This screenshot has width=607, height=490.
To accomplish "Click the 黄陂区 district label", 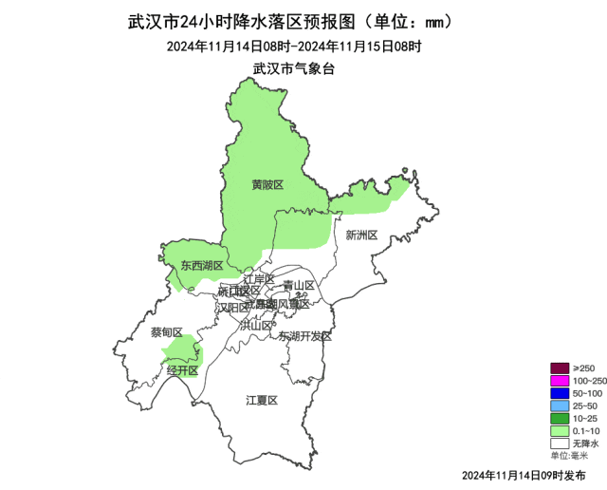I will tap(267, 184).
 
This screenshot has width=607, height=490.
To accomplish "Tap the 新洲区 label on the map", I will tap(361, 235).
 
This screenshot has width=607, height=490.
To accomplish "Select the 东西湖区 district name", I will tap(202, 266).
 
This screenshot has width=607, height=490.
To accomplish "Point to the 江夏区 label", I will tap(261, 400).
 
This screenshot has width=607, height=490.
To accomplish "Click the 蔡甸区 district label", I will tap(166, 332).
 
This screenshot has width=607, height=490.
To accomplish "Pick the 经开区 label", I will tap(182, 370).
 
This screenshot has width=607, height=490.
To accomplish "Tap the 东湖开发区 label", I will tap(305, 336).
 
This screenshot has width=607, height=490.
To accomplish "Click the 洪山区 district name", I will tap(255, 324).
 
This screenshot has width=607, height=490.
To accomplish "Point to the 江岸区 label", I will tap(258, 279).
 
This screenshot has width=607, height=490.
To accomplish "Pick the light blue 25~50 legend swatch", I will tap(559, 405).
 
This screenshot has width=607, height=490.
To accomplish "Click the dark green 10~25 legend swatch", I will tap(559, 418).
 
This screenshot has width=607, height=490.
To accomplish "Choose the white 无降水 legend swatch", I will tap(559, 443).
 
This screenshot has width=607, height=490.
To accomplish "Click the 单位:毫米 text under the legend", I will tap(569, 456).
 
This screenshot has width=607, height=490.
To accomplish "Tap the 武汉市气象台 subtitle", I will tap(294, 68).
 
